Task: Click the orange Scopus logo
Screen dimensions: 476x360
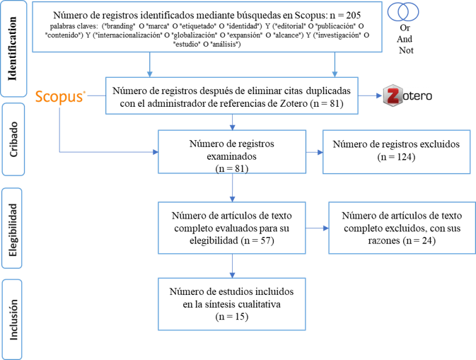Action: click(x=60, y=97)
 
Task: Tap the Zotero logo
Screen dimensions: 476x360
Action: click(x=407, y=95)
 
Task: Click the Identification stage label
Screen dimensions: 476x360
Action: click(x=13, y=49)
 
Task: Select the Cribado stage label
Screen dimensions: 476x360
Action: click(x=13, y=139)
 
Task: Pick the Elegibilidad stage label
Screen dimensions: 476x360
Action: click(x=13, y=230)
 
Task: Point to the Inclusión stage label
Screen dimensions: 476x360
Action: click(x=13, y=320)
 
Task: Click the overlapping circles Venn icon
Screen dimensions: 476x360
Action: click(x=403, y=12)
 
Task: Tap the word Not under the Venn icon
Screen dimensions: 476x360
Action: click(x=406, y=50)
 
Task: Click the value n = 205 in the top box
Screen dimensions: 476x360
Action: click(x=345, y=15)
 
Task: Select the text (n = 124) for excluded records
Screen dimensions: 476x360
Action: click(x=396, y=157)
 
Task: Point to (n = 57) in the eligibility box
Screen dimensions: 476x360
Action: click(x=257, y=240)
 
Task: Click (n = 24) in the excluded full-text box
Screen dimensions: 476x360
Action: click(x=419, y=240)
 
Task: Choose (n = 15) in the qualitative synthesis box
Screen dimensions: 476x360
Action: click(x=232, y=317)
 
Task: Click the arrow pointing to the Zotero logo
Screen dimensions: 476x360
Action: click(x=370, y=95)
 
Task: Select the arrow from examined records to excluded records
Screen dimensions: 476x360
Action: click(x=315, y=152)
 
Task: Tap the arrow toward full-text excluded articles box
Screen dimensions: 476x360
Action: click(x=318, y=228)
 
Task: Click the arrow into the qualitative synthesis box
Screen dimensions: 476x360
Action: click(x=232, y=266)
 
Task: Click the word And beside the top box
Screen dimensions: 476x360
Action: click(x=405, y=39)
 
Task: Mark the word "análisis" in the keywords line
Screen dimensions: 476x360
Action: click(x=224, y=45)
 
